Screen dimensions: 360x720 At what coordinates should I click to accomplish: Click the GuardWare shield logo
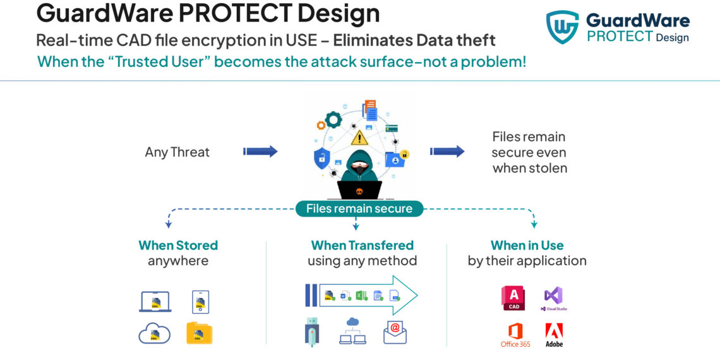[x=562, y=27]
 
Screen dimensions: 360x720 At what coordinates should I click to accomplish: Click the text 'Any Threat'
[x=177, y=152]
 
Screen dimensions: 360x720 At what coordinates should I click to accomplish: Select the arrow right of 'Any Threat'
[x=260, y=152]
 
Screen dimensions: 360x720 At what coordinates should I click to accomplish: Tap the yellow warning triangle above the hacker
[x=359, y=137]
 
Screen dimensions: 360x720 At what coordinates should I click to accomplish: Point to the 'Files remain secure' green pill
[x=359, y=208]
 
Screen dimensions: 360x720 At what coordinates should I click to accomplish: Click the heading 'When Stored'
[x=178, y=245]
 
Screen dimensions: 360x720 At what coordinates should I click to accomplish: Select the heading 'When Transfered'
[x=362, y=245]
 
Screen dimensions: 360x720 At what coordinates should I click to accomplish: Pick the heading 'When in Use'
[x=527, y=245]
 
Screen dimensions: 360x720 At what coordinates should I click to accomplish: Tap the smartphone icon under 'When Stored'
[x=200, y=302]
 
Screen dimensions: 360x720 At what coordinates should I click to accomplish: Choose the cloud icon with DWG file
[x=155, y=333]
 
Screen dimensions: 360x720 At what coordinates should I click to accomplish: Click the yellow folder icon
[x=200, y=333]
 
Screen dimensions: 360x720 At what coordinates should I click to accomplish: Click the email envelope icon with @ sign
[x=395, y=332]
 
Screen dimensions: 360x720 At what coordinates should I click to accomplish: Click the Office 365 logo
[x=515, y=335]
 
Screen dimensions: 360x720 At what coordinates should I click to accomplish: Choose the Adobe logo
[x=554, y=335]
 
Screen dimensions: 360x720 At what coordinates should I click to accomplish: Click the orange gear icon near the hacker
[x=332, y=120]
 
